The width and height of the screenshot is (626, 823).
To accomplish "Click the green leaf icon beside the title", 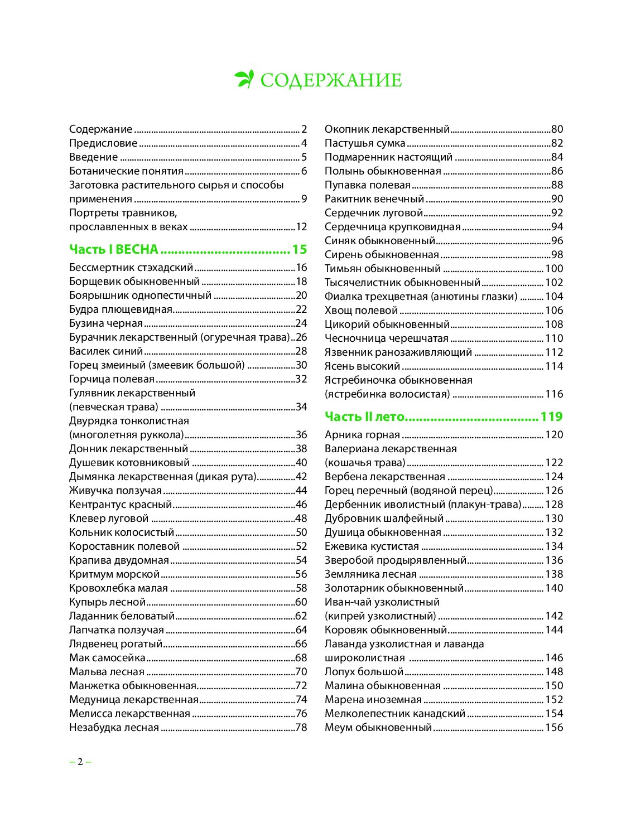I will pyautogui.click(x=244, y=79).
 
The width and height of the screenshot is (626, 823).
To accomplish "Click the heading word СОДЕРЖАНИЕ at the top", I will pyautogui.click(x=331, y=80).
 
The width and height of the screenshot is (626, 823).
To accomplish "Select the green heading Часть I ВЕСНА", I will pyautogui.click(x=114, y=249).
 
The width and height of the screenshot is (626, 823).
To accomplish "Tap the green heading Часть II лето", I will pyautogui.click(x=365, y=417).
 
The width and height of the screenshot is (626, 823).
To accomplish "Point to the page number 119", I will pyautogui.click(x=551, y=417).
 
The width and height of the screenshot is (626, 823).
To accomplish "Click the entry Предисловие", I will pyautogui.click(x=103, y=143).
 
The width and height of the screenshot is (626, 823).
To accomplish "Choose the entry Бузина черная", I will pyautogui.click(x=106, y=323).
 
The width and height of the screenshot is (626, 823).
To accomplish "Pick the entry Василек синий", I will pyautogui.click(x=106, y=351).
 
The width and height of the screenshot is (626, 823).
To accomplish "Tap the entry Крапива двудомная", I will pyautogui.click(x=119, y=560).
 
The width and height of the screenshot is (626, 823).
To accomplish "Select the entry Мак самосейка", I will pyautogui.click(x=107, y=658).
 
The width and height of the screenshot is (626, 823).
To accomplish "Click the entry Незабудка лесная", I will pyautogui.click(x=114, y=728).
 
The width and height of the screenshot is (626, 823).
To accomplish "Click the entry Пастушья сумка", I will pyautogui.click(x=365, y=143).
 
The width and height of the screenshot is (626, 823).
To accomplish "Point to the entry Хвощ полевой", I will pyautogui.click(x=361, y=311).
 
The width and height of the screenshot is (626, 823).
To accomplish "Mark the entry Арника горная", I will pyautogui.click(x=362, y=435).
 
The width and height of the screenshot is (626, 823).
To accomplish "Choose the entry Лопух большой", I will pyautogui.click(x=364, y=672).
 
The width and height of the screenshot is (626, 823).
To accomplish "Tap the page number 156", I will pyautogui.click(x=554, y=728).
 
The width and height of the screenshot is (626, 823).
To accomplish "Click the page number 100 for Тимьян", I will pyautogui.click(x=554, y=269).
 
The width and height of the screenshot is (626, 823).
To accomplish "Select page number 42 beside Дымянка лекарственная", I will pyautogui.click(x=301, y=477).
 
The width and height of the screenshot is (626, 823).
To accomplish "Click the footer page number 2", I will pyautogui.click(x=80, y=762).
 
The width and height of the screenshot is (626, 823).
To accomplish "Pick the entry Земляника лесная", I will pyautogui.click(x=370, y=574).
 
